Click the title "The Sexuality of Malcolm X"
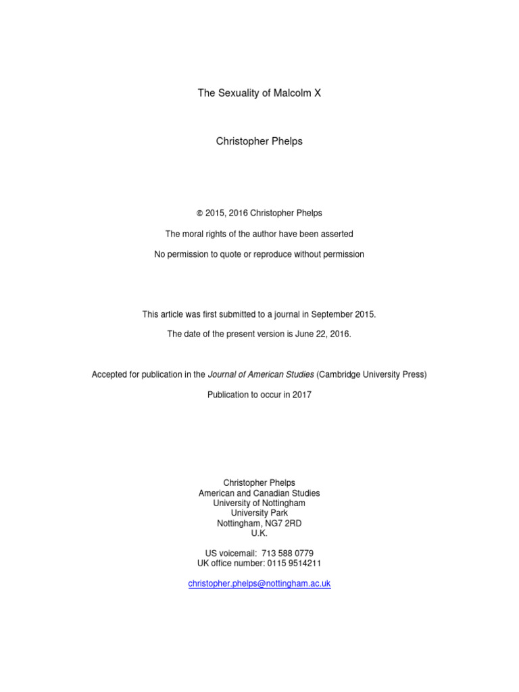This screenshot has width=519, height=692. tap(259, 93)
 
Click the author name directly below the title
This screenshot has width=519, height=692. tap(259, 141)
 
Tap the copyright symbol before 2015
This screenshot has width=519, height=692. tap(199, 214)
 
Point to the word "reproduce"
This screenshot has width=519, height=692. tap(282, 254)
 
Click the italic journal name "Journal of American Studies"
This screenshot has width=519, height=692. tap(260, 374)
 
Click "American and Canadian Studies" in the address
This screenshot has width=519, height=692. tap(259, 493)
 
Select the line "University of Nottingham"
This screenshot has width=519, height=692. tap(259, 503)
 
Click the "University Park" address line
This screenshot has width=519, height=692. tap(259, 513)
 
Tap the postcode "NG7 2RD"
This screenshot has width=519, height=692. tap(285, 523)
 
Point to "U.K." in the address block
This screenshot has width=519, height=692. tap(259, 533)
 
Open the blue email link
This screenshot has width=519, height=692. tap(259, 583)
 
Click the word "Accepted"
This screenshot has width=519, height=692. tap(110, 374)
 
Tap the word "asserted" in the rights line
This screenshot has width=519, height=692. tap(336, 234)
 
